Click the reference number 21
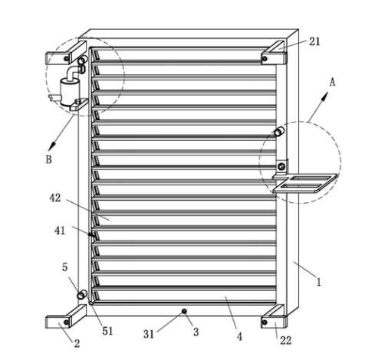[314, 41]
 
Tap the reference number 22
[285, 340]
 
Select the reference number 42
[55, 198]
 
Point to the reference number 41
[60, 231]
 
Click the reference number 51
[107, 331]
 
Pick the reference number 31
[149, 334]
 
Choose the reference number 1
[318, 282]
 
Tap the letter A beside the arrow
[332, 82]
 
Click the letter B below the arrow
[48, 159]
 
